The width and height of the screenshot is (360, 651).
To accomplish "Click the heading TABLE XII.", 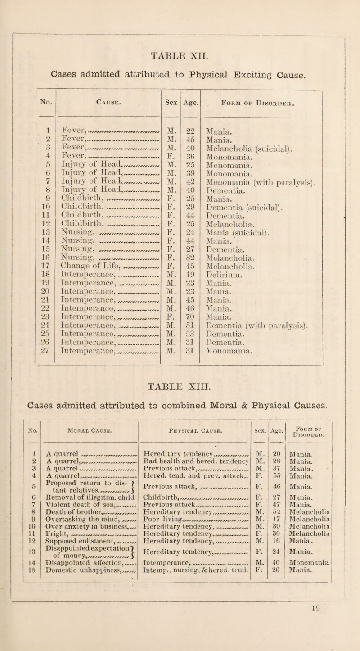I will (180, 56).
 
